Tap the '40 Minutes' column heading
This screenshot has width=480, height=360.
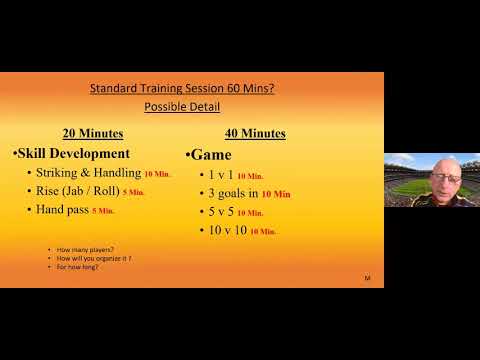pyautogui.click(x=254, y=133)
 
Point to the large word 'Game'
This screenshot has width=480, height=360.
pyautogui.click(x=211, y=155)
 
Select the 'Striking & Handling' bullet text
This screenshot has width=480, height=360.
pyautogui.click(x=84, y=173)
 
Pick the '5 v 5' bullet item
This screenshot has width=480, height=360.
pyautogui.click(x=219, y=212)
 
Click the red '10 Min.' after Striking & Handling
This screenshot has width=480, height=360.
pyautogui.click(x=158, y=174)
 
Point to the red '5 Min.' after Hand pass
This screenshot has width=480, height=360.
pyautogui.click(x=103, y=211)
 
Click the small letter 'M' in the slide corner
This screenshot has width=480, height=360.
pyautogui.click(x=367, y=277)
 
